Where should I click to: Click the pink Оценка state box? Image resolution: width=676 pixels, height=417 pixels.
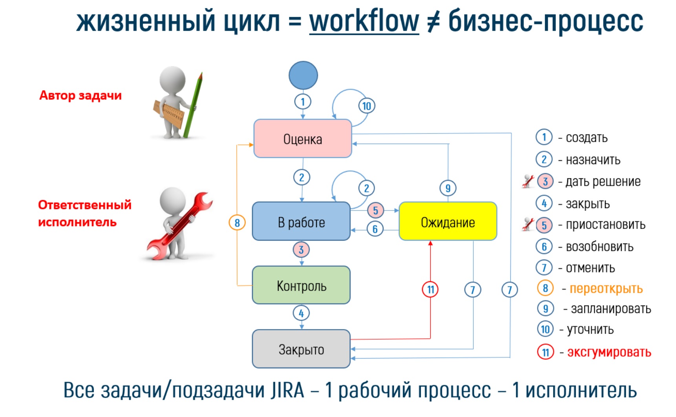(x=303, y=139)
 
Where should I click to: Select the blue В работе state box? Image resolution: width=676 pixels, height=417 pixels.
(x=301, y=221)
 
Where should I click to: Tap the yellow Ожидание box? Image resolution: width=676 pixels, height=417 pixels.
(x=448, y=221)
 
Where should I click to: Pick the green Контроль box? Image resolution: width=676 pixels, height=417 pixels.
(x=301, y=285)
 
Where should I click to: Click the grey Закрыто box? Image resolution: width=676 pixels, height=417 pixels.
(x=301, y=349)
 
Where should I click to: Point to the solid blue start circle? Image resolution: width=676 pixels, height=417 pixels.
(x=303, y=75)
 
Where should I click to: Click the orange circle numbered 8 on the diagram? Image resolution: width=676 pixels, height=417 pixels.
(x=237, y=223)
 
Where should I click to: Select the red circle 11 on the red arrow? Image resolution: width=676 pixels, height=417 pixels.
(x=430, y=289)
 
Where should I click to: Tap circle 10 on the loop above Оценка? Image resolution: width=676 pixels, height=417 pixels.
(x=367, y=106)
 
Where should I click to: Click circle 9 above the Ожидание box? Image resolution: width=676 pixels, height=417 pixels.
(x=448, y=188)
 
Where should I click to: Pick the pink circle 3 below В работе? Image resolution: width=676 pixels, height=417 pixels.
(x=301, y=249)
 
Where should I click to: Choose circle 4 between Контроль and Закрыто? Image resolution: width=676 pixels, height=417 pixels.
(x=301, y=313)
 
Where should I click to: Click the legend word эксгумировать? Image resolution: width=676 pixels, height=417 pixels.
(x=609, y=352)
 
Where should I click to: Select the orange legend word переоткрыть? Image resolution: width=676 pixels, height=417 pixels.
(x=606, y=289)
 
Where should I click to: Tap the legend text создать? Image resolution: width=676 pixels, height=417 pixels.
(x=586, y=137)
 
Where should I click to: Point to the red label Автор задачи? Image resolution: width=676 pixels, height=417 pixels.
(x=80, y=95)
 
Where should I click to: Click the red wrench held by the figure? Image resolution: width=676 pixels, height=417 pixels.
(x=180, y=226)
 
